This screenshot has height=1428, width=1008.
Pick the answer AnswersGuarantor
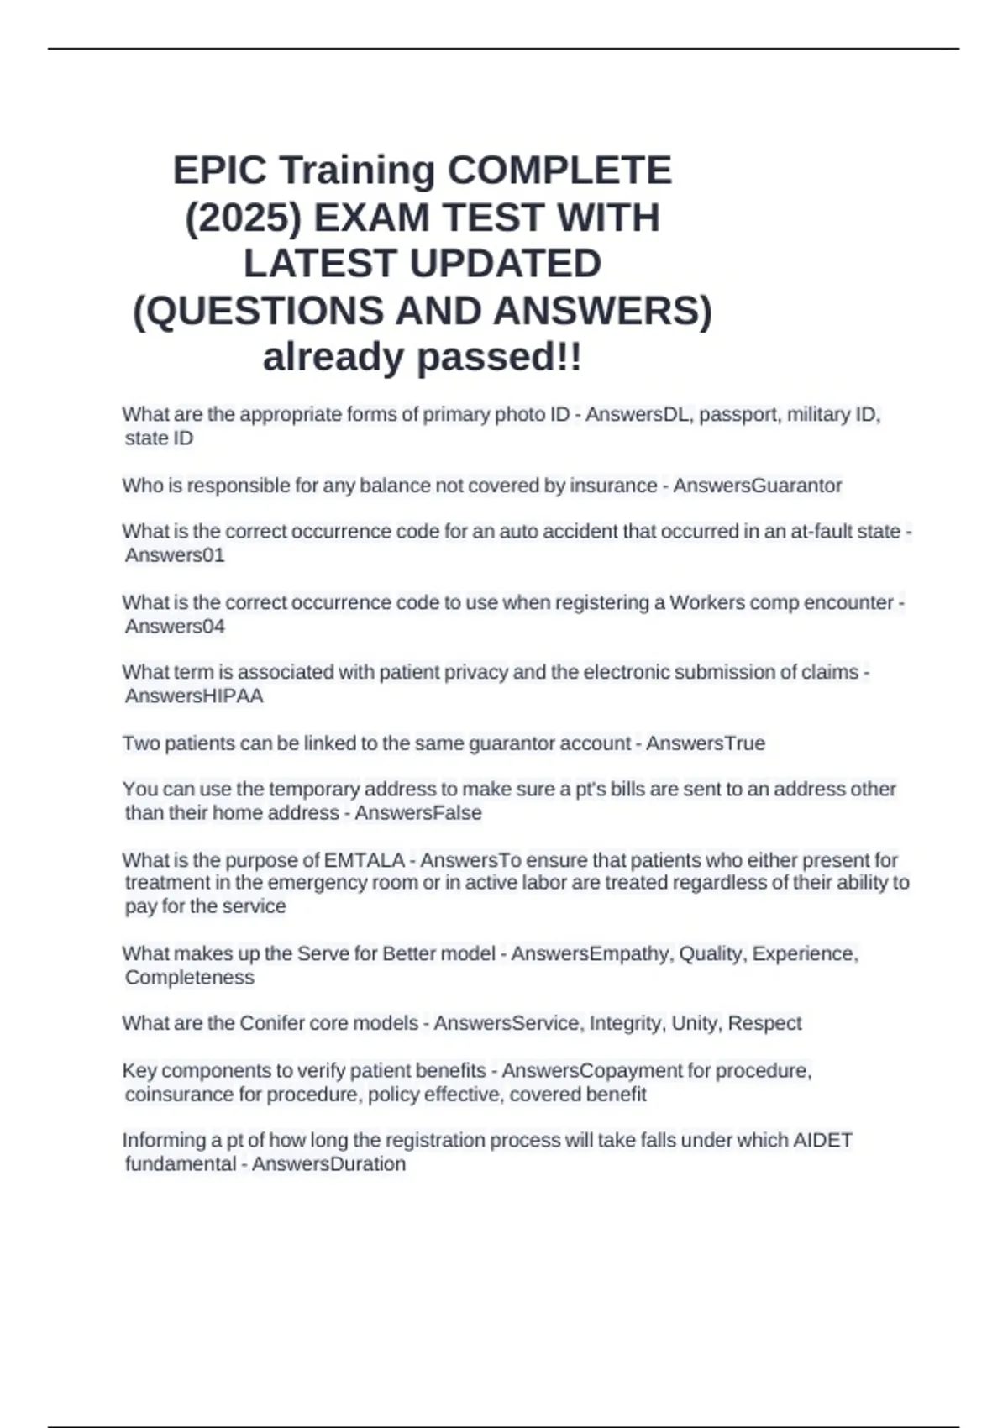click(x=757, y=486)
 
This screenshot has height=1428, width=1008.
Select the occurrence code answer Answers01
click(x=175, y=555)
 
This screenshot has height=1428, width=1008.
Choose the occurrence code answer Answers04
click(x=175, y=627)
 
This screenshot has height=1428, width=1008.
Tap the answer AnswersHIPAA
click(x=194, y=696)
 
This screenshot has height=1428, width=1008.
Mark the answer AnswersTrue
click(x=705, y=743)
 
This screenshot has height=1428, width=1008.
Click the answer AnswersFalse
click(x=417, y=813)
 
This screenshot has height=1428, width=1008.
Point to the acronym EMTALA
click(x=364, y=860)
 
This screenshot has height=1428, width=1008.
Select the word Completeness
click(x=189, y=978)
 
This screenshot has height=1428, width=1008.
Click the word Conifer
click(x=271, y=1023)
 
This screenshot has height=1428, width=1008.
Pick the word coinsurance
click(x=179, y=1095)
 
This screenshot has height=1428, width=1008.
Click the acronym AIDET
click(x=822, y=1140)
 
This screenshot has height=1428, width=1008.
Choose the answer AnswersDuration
click(x=328, y=1164)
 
